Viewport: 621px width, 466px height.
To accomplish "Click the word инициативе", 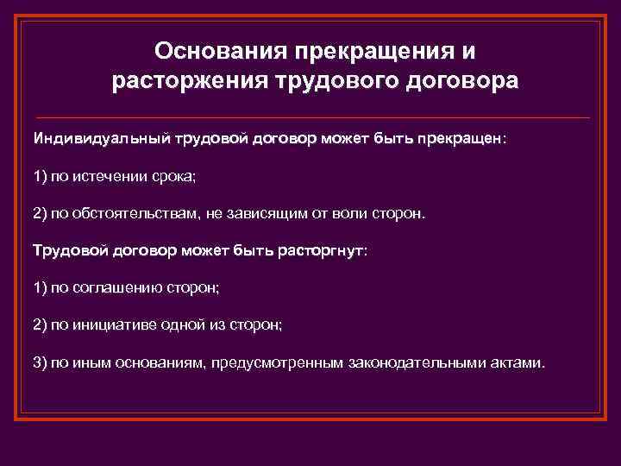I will coord(120,325).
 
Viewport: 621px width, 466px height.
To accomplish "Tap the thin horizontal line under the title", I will coord(310,116).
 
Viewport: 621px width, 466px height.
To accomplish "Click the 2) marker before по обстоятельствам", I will coord(41,213).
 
